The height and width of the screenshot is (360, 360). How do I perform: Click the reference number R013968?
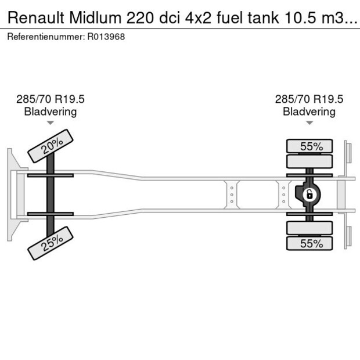pyautogui.click(x=106, y=37)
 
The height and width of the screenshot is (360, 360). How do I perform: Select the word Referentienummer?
pyautogui.click(x=45, y=37)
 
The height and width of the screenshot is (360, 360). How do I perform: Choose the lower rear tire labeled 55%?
pyautogui.click(x=310, y=244)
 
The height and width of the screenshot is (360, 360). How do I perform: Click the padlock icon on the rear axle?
pyautogui.click(x=310, y=194)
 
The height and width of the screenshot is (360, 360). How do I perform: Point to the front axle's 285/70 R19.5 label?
pyautogui.click(x=51, y=99)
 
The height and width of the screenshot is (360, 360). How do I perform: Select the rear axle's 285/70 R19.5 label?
pyautogui.click(x=309, y=99)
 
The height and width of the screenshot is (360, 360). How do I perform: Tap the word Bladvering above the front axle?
pyautogui.click(x=51, y=111)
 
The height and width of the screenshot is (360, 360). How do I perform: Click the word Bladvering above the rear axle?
pyautogui.click(x=309, y=111)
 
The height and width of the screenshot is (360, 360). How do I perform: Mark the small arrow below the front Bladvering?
pyautogui.click(x=51, y=123)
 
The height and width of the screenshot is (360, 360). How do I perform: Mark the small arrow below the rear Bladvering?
pyautogui.click(x=309, y=123)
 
